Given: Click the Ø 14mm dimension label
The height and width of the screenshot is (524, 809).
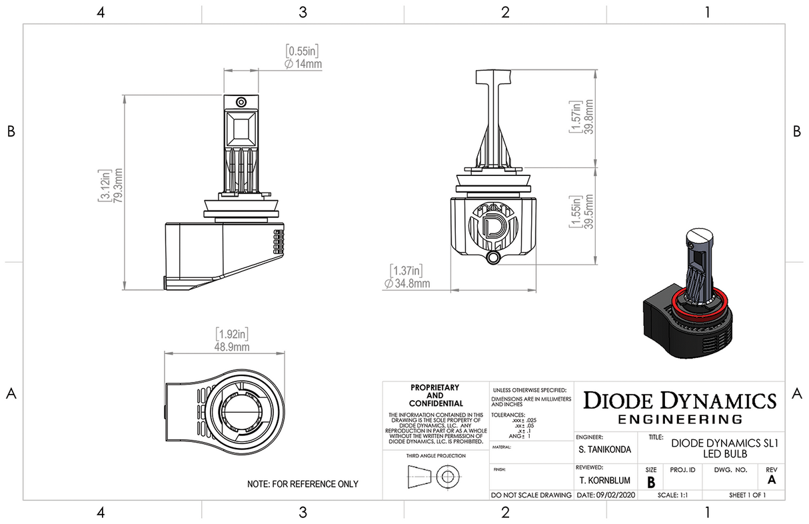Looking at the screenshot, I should click(x=303, y=64).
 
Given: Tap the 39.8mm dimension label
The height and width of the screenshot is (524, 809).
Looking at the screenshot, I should click(x=589, y=117).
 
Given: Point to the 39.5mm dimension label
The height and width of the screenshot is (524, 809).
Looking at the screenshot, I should click(x=589, y=211).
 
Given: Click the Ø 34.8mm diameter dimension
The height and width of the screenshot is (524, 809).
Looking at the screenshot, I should click(x=406, y=283).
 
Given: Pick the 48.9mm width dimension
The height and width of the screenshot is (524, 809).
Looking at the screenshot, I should click(x=232, y=347).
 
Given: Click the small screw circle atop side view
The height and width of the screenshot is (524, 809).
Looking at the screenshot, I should click(x=241, y=101).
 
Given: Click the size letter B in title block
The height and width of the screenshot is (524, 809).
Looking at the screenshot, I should click(x=650, y=482).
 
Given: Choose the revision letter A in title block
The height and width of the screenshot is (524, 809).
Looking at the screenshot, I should click(x=772, y=480).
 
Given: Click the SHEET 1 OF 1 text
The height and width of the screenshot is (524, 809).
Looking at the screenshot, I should click(x=747, y=495).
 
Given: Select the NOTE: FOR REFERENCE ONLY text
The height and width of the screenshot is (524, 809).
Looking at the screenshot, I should click(x=302, y=484).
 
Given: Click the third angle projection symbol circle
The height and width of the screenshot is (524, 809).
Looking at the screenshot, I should click(x=446, y=477).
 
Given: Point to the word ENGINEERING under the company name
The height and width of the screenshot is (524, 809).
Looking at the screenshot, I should click(x=680, y=419).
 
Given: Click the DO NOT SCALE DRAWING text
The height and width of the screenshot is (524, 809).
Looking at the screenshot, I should click(x=531, y=495).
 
